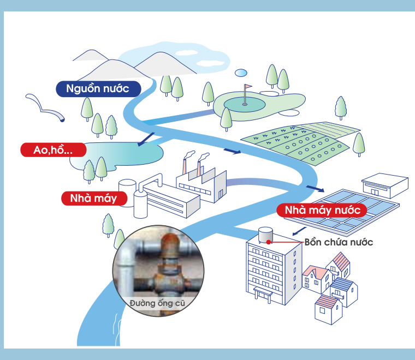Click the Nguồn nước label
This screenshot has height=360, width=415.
pos(98,88)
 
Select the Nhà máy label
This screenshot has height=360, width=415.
pos(93,198)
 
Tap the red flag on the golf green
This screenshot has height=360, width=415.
pos(248,87)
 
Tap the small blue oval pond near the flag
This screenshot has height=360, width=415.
pos(241,72)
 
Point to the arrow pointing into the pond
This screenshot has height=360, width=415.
pos(146,140)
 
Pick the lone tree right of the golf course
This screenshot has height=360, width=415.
pos(341,107)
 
